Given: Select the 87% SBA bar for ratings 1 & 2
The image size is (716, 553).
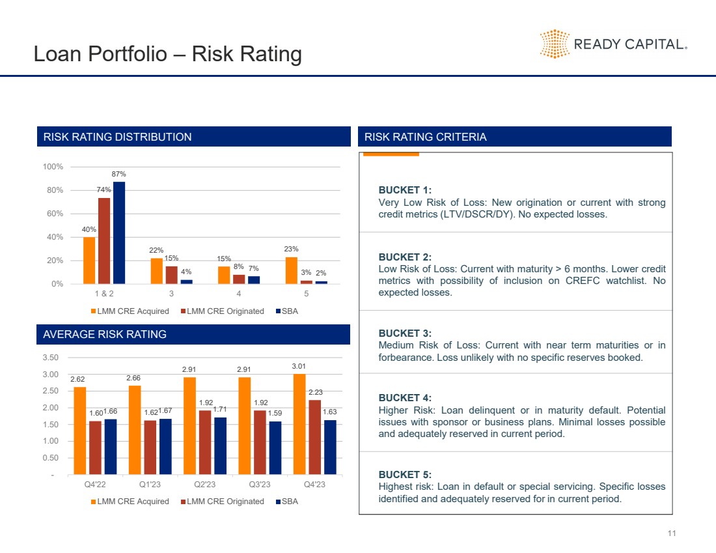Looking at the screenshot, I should click(x=119, y=233).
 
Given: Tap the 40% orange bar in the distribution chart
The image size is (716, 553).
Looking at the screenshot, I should click(x=89, y=260).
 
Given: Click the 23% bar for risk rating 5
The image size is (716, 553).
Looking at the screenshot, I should click(x=291, y=270).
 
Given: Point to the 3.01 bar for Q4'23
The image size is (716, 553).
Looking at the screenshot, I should click(x=299, y=424).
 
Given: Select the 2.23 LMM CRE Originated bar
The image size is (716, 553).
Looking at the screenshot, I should click(x=315, y=437).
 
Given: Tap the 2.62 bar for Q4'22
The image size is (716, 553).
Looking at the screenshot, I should click(x=80, y=431).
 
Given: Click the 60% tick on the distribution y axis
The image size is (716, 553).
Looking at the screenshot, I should click(x=53, y=214).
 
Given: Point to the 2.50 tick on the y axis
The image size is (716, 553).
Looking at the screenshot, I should click(x=50, y=391).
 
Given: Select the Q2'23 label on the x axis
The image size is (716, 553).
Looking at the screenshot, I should click(x=205, y=484).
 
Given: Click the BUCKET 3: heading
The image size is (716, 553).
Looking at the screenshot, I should click(x=404, y=333).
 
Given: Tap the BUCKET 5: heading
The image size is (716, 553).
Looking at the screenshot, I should click(x=404, y=475).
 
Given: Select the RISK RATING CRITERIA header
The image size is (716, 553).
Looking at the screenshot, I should click(x=425, y=137).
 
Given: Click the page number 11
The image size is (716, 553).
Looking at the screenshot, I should click(x=672, y=534).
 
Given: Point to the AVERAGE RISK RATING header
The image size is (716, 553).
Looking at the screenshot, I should click(x=104, y=334).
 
